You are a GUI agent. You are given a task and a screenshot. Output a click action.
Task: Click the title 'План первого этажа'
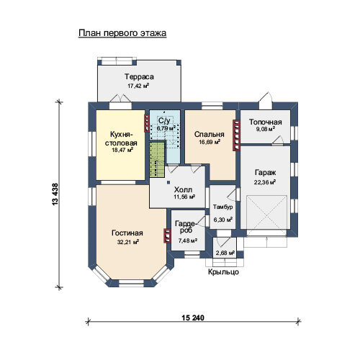[122, 33]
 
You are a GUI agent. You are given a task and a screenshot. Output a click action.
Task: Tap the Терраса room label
[139, 77]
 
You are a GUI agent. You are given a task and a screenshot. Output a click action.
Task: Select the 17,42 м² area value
[138, 86]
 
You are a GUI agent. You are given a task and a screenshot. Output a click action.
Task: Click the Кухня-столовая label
[121, 138]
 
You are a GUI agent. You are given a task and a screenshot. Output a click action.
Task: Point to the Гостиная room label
[127, 233]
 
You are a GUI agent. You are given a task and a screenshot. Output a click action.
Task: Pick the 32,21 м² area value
[128, 242]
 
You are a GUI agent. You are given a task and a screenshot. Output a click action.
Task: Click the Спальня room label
[210, 135]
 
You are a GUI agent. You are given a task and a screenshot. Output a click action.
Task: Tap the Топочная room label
[265, 122]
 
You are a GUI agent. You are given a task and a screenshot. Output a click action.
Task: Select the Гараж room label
[265, 173]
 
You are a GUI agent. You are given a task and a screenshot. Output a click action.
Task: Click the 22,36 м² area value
[265, 182]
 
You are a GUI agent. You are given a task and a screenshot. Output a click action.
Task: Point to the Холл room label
[183, 190]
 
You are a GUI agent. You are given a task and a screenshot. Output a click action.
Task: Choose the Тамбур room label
[223, 207]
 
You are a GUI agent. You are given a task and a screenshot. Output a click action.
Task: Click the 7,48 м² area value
[188, 240]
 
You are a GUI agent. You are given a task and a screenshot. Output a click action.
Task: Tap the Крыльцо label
[223, 272]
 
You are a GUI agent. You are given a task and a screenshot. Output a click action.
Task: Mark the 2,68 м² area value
[225, 253]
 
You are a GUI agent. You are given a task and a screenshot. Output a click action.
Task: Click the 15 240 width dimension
[193, 318]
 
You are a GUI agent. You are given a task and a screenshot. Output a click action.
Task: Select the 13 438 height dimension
[55, 194]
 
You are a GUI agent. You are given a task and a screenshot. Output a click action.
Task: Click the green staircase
[157, 160]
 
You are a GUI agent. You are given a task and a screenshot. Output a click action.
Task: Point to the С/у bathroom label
[164, 120]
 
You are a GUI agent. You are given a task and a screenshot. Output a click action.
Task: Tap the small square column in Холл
[168, 182]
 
